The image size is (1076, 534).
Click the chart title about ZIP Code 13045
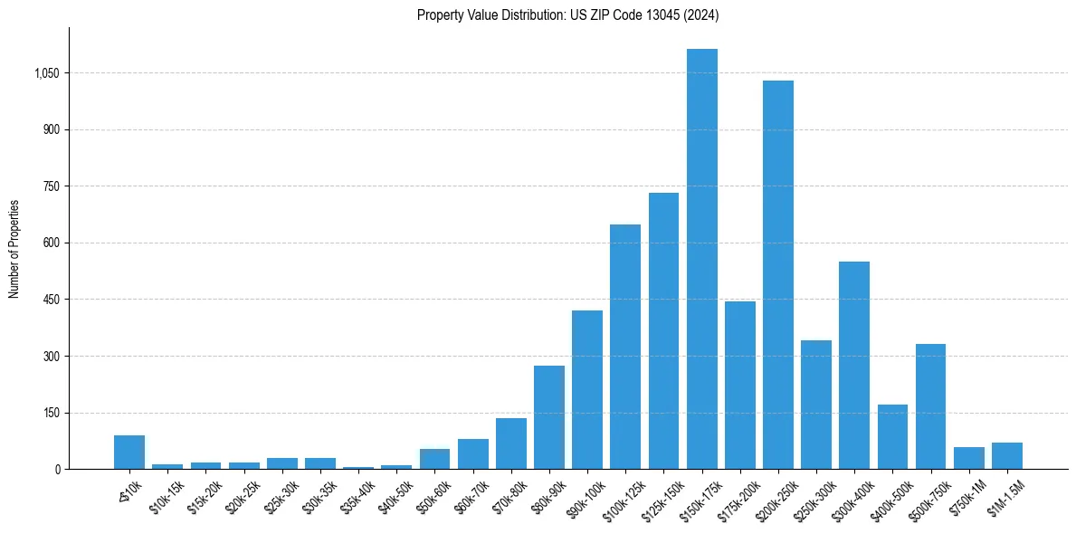[567, 14]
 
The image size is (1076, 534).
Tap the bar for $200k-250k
[778, 275]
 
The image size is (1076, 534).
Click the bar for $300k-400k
[854, 366]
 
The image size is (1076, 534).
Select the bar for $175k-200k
[740, 386]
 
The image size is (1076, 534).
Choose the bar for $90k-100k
[587, 390]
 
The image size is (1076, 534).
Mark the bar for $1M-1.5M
[1007, 456]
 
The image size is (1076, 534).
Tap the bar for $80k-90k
[549, 417]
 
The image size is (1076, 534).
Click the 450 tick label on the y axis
[52, 300]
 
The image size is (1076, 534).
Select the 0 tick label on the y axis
[57, 470]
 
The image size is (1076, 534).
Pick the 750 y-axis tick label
[52, 186]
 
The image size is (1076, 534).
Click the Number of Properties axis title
[14, 249]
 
